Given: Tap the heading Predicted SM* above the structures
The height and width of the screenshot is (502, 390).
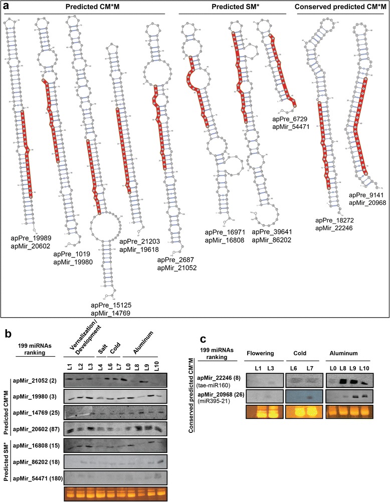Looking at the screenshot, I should [x=233, y=7].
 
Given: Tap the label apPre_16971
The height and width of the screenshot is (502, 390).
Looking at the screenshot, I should [x=224, y=233].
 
